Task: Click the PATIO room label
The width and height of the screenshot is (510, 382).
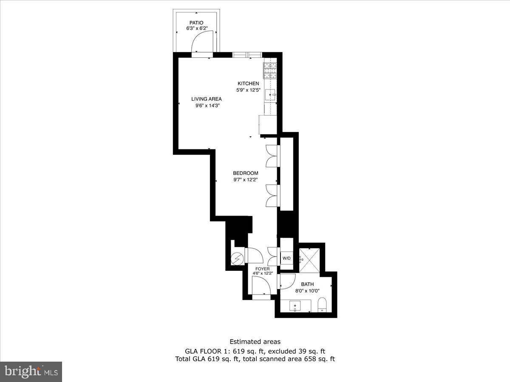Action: click(196, 22)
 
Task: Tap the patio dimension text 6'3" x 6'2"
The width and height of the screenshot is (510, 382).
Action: click(196, 28)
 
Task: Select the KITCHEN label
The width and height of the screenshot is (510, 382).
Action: click(248, 84)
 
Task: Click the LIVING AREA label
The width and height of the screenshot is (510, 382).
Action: click(207, 99)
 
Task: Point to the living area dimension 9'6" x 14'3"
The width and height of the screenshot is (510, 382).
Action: click(207, 105)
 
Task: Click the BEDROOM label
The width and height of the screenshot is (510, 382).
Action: click(246, 173)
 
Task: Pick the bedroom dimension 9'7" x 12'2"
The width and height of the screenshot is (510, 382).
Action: click(246, 180)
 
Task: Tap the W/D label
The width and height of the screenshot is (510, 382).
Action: click(287, 258)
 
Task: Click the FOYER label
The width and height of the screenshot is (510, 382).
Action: click(262, 269)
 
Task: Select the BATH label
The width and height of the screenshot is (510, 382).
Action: click(307, 284)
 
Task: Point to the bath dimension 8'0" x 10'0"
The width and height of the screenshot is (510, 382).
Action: click(307, 291)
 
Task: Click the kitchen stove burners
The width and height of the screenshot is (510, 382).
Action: click(269, 70)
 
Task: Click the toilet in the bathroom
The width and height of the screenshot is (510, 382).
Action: click(322, 305)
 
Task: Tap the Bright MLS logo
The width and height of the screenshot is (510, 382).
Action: click(31, 372)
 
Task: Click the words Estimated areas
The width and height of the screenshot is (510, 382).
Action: click(255, 341)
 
